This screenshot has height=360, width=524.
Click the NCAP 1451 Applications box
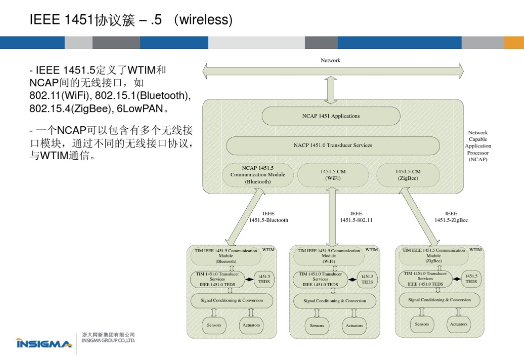pos(331,116)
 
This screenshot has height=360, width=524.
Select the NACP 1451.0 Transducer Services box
pos(333,145)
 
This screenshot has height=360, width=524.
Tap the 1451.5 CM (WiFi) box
pos(333,175)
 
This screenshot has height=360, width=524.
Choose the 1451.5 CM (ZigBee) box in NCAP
pos(408,175)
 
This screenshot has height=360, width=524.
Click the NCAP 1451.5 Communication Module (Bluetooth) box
pos(258,175)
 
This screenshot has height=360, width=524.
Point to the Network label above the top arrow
pos(330,60)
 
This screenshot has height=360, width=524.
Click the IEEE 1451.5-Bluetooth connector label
pos(268,217)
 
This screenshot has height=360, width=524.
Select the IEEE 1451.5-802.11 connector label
pos(356,217)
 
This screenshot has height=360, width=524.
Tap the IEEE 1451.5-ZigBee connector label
pos(451,217)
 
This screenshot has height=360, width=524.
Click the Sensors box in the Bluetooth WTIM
pos(214,325)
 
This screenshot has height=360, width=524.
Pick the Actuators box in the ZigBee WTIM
pos(459,324)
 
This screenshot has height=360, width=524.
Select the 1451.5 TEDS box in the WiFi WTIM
pos(367,279)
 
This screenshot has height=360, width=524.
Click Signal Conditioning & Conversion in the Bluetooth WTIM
pos(233,301)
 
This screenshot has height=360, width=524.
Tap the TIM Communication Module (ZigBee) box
pos(434,256)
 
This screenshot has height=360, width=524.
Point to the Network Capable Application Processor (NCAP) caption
pos(478,146)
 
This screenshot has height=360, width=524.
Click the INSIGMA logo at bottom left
pos(44,344)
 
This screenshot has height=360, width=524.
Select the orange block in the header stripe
pos(514,43)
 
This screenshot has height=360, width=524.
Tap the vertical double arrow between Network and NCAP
pos(331,89)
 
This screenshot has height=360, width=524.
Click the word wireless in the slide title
pos(204,20)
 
